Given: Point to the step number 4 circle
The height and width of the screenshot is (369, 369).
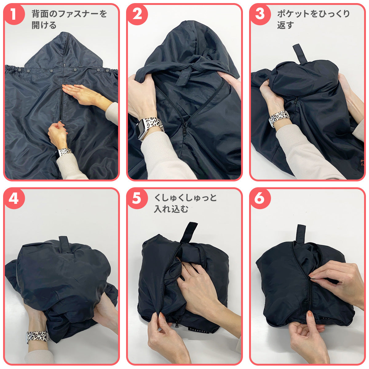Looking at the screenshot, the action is click(14, 198).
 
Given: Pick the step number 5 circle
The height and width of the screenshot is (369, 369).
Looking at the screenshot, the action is click(137, 198).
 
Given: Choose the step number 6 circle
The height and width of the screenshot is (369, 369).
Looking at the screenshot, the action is click(260, 198).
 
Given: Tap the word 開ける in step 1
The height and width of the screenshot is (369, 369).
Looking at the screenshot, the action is click(44, 25).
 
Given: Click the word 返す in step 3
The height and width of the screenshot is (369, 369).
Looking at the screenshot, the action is click(285, 25).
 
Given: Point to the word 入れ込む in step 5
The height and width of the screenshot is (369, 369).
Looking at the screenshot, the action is click(171, 209).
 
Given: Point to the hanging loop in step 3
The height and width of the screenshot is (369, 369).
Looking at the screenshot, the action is click(300, 53).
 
